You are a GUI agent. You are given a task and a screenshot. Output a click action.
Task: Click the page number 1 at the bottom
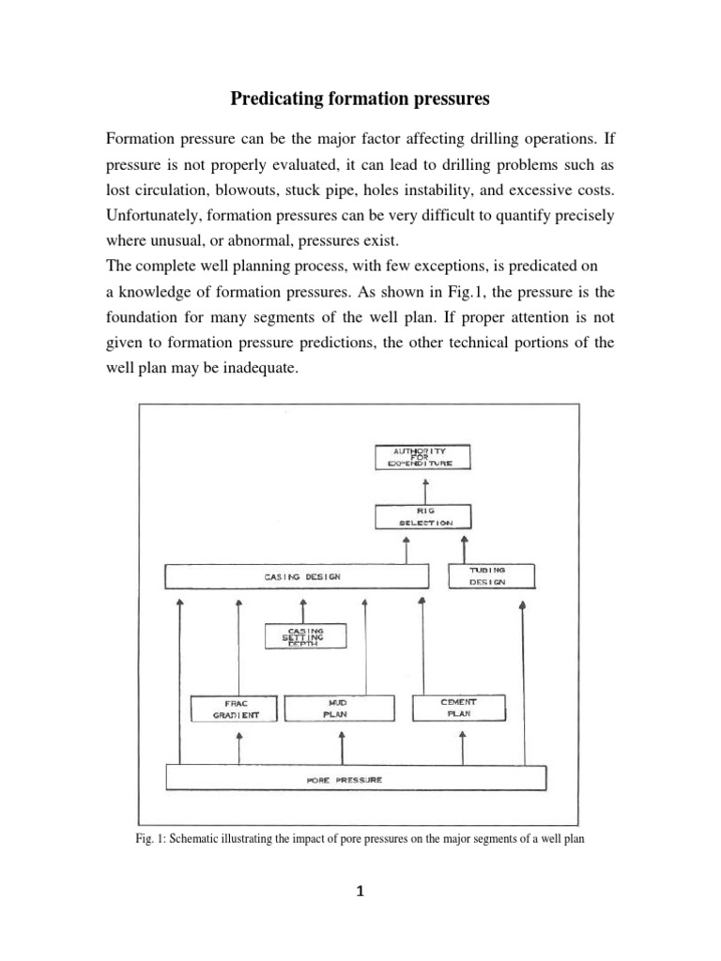360,892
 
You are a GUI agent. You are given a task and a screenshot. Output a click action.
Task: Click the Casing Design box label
296,576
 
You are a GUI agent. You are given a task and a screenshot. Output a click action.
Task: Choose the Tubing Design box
487,576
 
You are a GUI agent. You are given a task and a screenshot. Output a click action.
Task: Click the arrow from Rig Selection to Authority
425,487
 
